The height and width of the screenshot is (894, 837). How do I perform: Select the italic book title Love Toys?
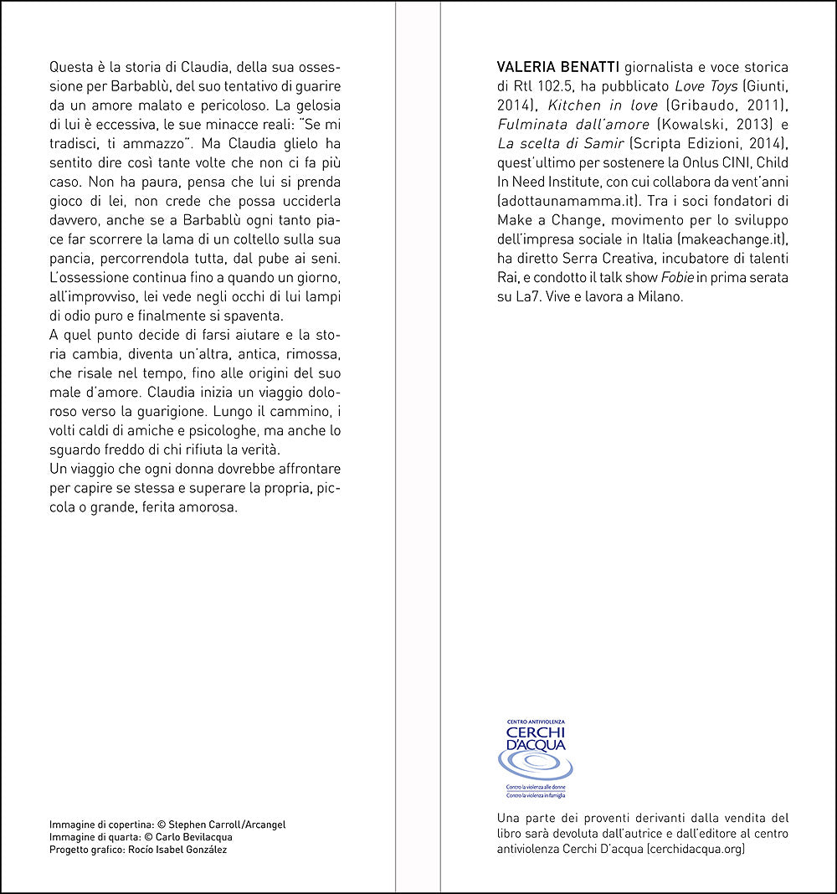702,85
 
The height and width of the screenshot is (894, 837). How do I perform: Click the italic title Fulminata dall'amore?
573,123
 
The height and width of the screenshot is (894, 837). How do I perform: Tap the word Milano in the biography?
661,297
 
